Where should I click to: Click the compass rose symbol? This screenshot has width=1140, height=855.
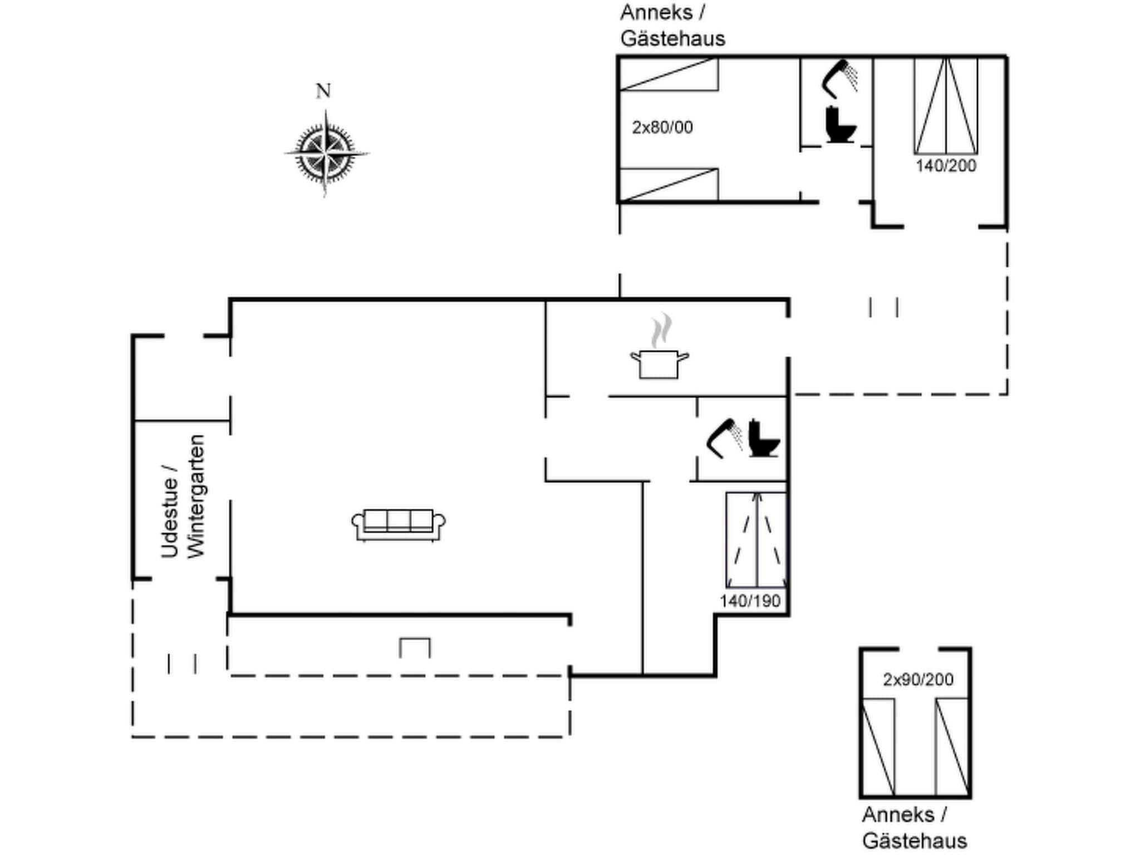coord(326,153)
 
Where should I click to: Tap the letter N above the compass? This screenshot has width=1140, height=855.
coord(323,91)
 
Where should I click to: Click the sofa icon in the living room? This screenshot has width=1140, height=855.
coord(398,524)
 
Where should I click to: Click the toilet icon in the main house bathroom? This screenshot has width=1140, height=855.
coord(763,439)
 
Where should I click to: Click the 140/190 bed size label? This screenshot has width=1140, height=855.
coord(750,601)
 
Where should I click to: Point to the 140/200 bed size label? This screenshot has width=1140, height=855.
coord(946,166)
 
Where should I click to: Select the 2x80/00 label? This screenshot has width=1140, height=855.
coord(662,127)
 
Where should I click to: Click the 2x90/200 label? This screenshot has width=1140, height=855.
coord(918,680)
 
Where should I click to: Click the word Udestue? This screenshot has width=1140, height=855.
coord(170,510)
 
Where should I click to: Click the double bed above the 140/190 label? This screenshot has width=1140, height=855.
coord(756,540)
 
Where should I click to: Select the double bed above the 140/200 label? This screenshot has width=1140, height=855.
coord(946,106)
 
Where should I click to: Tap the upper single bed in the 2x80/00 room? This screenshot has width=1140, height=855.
coord(669,75)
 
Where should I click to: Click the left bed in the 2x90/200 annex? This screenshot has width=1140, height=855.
coord(878,746)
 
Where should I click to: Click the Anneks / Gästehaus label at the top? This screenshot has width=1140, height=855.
coord(672,26)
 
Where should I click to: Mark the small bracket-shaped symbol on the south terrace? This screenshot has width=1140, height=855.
coord(415,647)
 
